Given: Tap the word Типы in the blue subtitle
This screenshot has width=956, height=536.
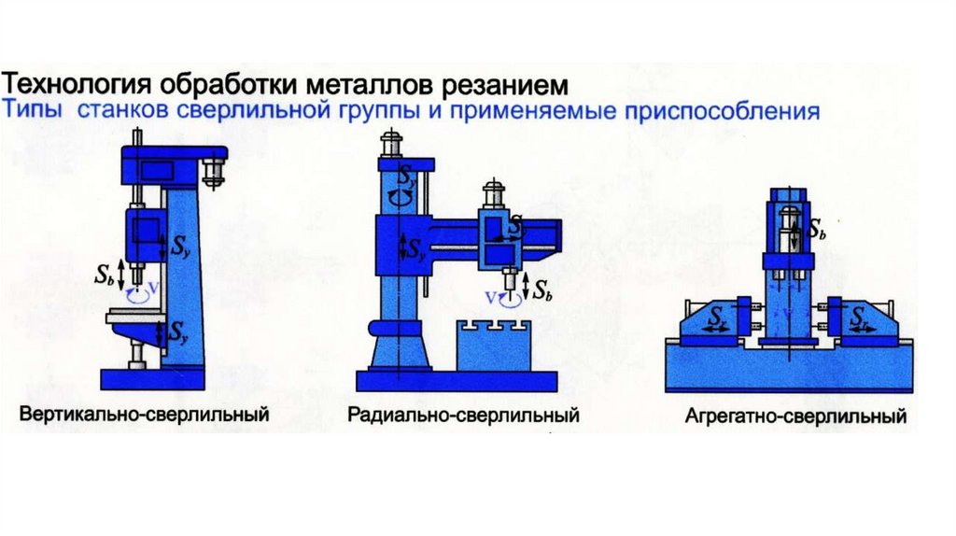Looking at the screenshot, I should pyautogui.click(x=36, y=112).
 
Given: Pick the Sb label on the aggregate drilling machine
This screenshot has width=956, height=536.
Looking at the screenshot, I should pyautogui.click(x=816, y=229).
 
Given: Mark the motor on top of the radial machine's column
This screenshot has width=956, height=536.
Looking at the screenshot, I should pyautogui.click(x=390, y=146).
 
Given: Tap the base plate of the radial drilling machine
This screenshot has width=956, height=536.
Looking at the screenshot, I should pyautogui.click(x=457, y=379).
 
